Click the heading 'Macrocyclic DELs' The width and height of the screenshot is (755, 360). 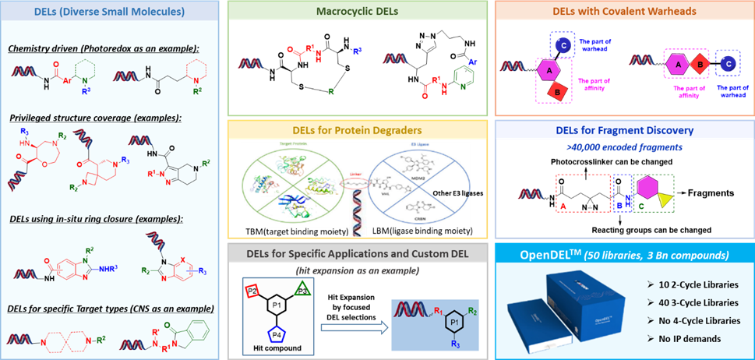click(358, 12)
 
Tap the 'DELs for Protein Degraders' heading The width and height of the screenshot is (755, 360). click(358, 129)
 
